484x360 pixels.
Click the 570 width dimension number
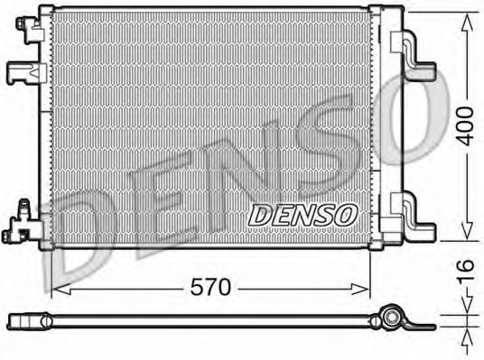tap(211, 288)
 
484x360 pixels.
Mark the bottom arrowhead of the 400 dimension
tap(467, 237)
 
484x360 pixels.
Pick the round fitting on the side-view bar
tap(390, 319)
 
